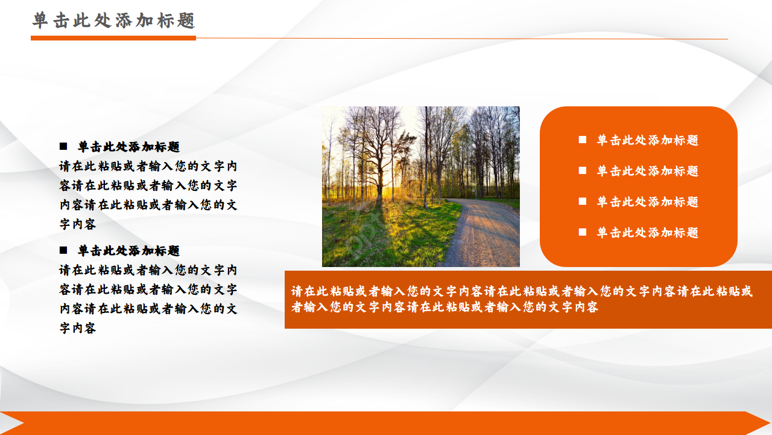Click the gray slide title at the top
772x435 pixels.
pyautogui.click(x=114, y=21)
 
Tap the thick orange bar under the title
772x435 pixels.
pyautogui.click(x=113, y=38)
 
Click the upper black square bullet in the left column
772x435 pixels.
pyautogui.click(x=63, y=146)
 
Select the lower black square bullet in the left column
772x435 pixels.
pyautogui.click(x=63, y=250)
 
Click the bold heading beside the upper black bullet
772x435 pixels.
pyautogui.click(x=128, y=147)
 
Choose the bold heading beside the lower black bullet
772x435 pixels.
pyautogui.click(x=128, y=251)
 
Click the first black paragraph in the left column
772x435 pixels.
pyautogui.click(x=148, y=195)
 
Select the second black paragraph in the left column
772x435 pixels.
pyautogui.click(x=148, y=299)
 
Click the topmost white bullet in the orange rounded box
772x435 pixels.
pyautogui.click(x=583, y=140)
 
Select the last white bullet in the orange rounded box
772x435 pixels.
pyautogui.click(x=583, y=232)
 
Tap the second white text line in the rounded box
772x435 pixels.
pyautogui.click(x=647, y=171)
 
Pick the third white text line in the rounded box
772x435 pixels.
pyautogui.click(x=647, y=202)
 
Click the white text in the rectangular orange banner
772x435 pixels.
pyautogui.click(x=522, y=299)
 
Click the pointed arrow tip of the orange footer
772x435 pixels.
pyautogui.click(x=764, y=423)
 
